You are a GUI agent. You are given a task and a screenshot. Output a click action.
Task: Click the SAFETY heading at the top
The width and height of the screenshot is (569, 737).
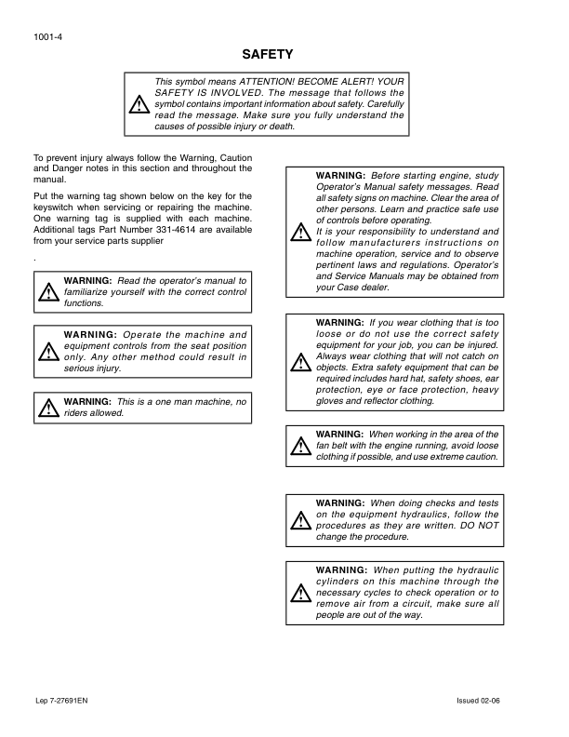pos(268,55)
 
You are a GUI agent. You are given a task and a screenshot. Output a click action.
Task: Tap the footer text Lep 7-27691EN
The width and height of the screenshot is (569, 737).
pos(61,700)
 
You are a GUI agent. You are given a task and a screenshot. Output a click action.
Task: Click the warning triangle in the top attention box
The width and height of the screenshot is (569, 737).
pos(139,104)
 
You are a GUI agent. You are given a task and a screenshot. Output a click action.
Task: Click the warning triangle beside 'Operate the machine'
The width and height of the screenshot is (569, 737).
pos(47,352)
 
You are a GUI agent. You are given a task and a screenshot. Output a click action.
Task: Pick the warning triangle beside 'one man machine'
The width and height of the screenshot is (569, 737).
pos(47,407)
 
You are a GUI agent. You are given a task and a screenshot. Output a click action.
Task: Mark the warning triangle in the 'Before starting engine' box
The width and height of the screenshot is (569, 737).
pos(300,233)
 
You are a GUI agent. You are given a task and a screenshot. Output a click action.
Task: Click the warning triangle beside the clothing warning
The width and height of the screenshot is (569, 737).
pos(300,362)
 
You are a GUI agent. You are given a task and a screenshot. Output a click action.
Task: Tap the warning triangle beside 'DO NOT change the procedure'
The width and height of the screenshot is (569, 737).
pos(300,520)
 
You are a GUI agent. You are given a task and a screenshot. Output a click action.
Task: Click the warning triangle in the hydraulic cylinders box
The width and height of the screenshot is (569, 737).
pos(300,592)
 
